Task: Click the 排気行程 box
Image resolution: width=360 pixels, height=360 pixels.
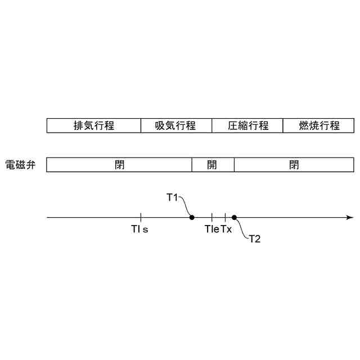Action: point(94,125)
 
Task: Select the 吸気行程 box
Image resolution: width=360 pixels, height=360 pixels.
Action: point(176,125)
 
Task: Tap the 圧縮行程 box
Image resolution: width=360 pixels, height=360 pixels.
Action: point(247,125)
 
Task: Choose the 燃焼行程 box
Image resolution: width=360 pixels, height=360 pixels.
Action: point(319,125)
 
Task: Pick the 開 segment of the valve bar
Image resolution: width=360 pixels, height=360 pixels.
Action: point(213,165)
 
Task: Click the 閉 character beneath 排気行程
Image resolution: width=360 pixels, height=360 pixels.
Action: point(119,165)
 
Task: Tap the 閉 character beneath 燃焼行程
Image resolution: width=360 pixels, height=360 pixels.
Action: point(294,165)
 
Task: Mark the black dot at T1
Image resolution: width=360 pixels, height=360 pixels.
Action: point(192,217)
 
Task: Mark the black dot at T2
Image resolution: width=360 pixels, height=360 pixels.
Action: point(234,217)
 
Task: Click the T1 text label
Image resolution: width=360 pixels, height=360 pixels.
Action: point(172,197)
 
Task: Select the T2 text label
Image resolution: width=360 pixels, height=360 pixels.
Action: point(255,238)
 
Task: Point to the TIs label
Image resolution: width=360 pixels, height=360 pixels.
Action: point(139,229)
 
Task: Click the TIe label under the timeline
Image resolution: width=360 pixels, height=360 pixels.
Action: point(211,229)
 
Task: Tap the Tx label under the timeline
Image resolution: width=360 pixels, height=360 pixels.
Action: point(226,229)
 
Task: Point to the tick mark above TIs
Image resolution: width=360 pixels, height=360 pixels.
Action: point(141,217)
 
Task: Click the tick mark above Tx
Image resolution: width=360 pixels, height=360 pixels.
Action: point(225,217)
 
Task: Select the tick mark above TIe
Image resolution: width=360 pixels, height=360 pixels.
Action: point(212,217)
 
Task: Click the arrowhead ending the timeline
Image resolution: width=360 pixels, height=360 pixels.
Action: point(350,217)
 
